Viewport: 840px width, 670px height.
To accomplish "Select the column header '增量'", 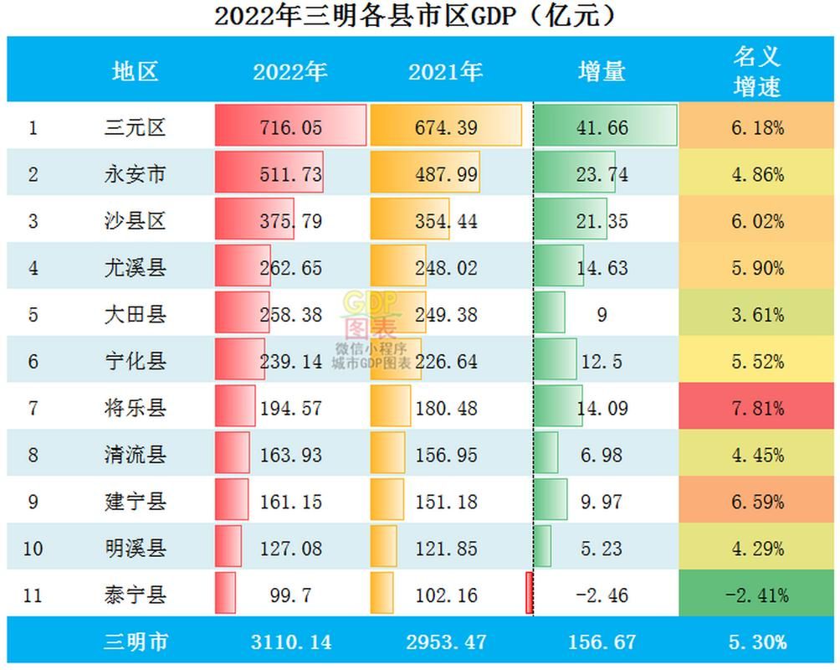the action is coord(602,71).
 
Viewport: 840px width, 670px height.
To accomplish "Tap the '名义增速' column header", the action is coord(756,71).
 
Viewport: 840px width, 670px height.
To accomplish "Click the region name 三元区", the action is coord(135,127).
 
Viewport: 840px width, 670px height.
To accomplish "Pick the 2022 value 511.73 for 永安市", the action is coord(291,174).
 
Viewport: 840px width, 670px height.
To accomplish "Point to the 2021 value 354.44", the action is coord(446,221).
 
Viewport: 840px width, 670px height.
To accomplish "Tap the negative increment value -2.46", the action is coord(602,595).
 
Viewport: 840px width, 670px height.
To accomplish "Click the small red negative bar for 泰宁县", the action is coord(530,593).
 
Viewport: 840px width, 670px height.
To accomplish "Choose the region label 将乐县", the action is coord(135,408).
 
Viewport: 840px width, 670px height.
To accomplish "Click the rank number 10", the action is coord(33,549).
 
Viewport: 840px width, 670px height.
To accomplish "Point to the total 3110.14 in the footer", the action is coord(291,642).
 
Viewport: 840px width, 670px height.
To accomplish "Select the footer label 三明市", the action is coord(136,642).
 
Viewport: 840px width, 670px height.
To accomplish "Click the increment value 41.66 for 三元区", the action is coord(602,127).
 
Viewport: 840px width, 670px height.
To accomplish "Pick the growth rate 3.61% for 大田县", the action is coord(757,315).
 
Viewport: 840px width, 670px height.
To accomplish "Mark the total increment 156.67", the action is coord(602,642).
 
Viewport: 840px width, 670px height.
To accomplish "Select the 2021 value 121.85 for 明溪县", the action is coord(446,549).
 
